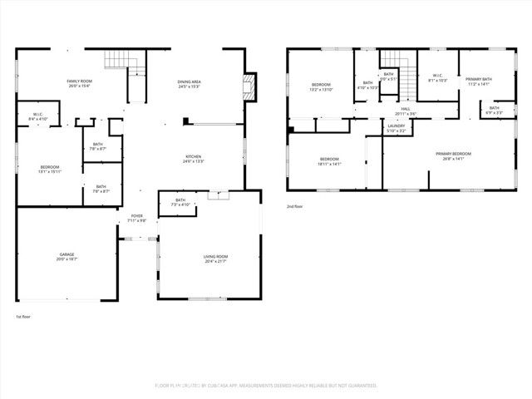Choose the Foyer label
[137, 218]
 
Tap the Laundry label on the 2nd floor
[397, 127]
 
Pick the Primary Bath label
[479, 81]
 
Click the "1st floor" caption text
[23, 317]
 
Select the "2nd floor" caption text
[296, 206]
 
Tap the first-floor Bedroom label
[50, 170]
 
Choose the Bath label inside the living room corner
[180, 202]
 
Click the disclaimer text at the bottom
[266, 386]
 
